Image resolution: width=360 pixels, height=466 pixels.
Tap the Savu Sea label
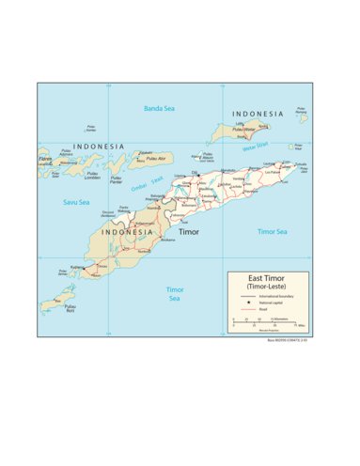pyautogui.click(x=76, y=202)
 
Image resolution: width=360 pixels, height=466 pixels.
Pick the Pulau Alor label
pyautogui.click(x=141, y=160)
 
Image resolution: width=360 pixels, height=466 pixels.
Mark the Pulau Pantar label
pyautogui.click(x=116, y=179)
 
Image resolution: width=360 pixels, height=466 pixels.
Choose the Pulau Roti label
pyautogui.click(x=70, y=307)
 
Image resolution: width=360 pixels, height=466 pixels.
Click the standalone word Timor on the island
pyautogui.click(x=189, y=230)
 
